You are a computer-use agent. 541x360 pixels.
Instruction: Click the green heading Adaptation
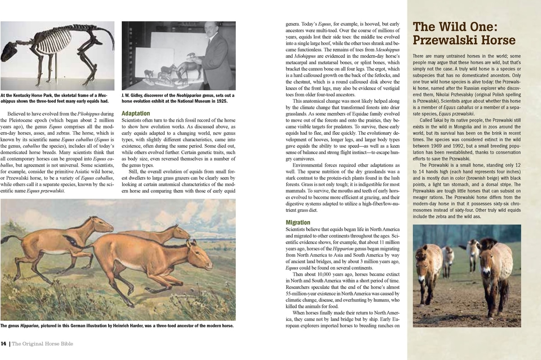136,114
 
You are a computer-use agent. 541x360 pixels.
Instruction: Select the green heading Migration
298,223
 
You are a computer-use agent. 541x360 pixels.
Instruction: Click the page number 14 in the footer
4,344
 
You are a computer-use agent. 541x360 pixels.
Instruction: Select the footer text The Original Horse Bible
42,344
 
